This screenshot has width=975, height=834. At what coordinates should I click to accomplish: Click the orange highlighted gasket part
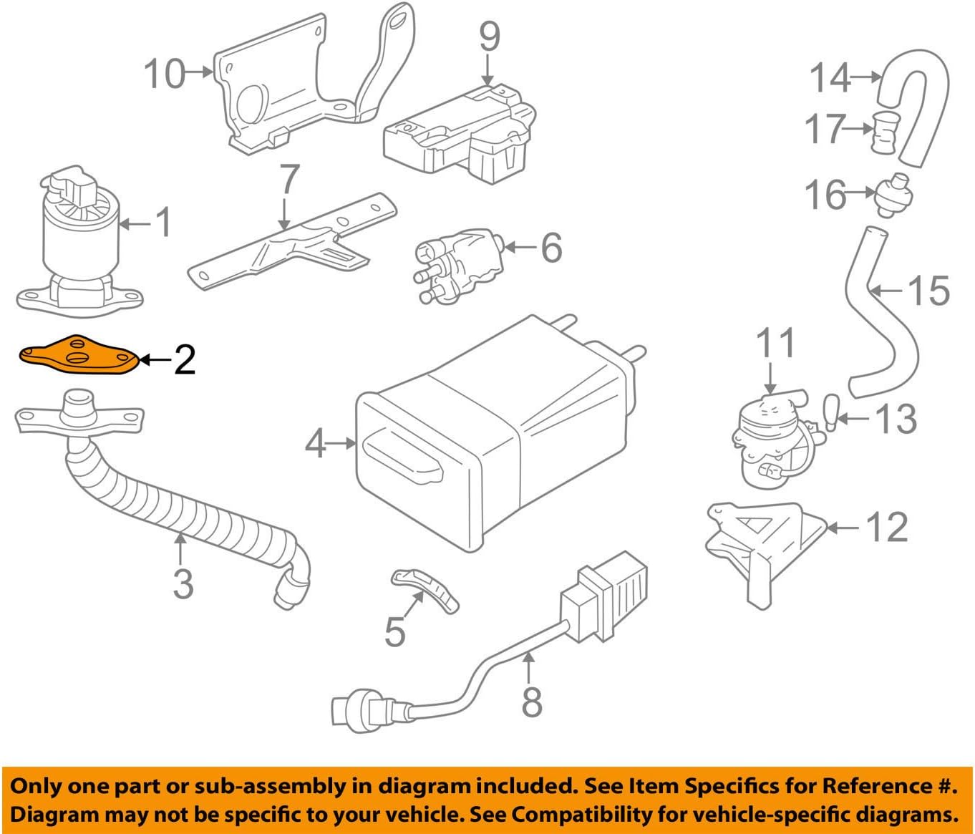(77, 355)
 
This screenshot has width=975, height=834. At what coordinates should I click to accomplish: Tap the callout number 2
(184, 359)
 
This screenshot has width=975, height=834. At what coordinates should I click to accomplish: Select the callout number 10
(165, 73)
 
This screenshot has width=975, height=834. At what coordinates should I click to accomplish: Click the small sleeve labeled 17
(886, 132)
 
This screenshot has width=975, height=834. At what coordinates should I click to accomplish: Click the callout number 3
(183, 583)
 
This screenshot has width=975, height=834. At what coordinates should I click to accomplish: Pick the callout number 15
(928, 291)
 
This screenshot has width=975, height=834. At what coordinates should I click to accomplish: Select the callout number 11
(776, 343)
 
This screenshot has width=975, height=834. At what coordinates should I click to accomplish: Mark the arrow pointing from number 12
(843, 528)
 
